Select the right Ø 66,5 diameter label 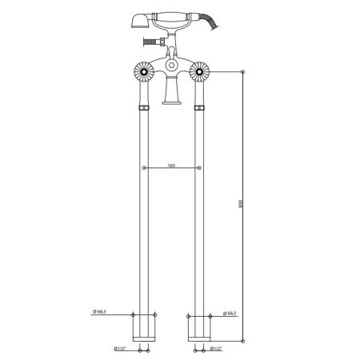229,313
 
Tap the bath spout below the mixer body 170,95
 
